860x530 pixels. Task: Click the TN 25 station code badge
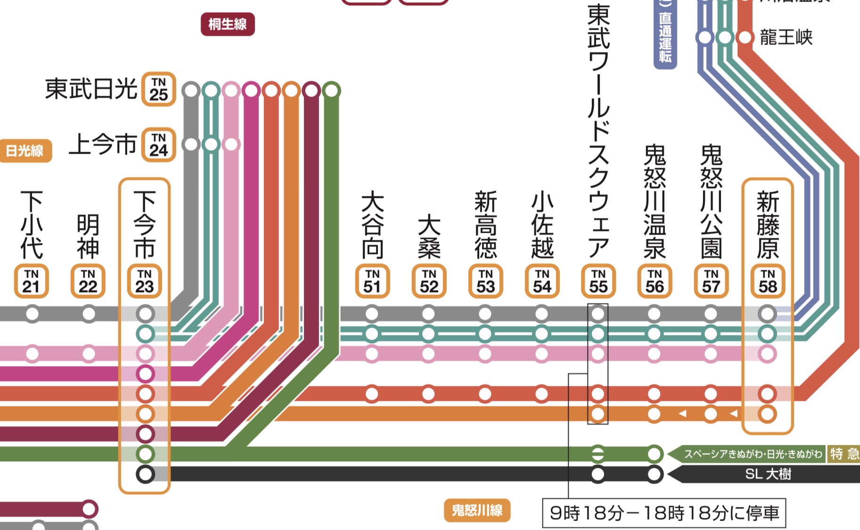pyautogui.click(x=159, y=89)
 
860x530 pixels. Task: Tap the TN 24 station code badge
pyautogui.click(x=159, y=145)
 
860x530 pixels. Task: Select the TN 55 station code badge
pyautogui.click(x=598, y=281)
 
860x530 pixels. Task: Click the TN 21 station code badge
pyautogui.click(x=31, y=281)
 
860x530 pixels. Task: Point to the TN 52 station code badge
pyautogui.click(x=429, y=281)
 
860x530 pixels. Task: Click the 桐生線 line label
pyautogui.click(x=228, y=24)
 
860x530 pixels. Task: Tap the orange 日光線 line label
pyautogui.click(x=25, y=151)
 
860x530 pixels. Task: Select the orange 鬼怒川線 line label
pyautogui.click(x=477, y=510)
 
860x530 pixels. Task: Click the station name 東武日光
pyautogui.click(x=91, y=89)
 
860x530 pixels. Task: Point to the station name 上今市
pyautogui.click(x=103, y=145)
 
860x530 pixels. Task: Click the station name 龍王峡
pyautogui.click(x=786, y=37)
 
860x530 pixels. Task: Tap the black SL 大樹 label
pyautogui.click(x=768, y=474)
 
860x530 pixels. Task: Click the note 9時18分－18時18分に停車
pyautogui.click(x=664, y=513)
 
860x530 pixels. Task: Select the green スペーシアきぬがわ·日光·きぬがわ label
pyautogui.click(x=753, y=454)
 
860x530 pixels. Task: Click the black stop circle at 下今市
pyautogui.click(x=145, y=474)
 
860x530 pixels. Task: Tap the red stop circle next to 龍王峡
pyautogui.click(x=745, y=37)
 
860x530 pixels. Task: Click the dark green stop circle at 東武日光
pyautogui.click(x=332, y=90)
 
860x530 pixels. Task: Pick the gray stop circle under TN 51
pyautogui.click(x=372, y=313)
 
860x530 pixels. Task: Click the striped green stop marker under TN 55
pyautogui.click(x=598, y=454)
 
